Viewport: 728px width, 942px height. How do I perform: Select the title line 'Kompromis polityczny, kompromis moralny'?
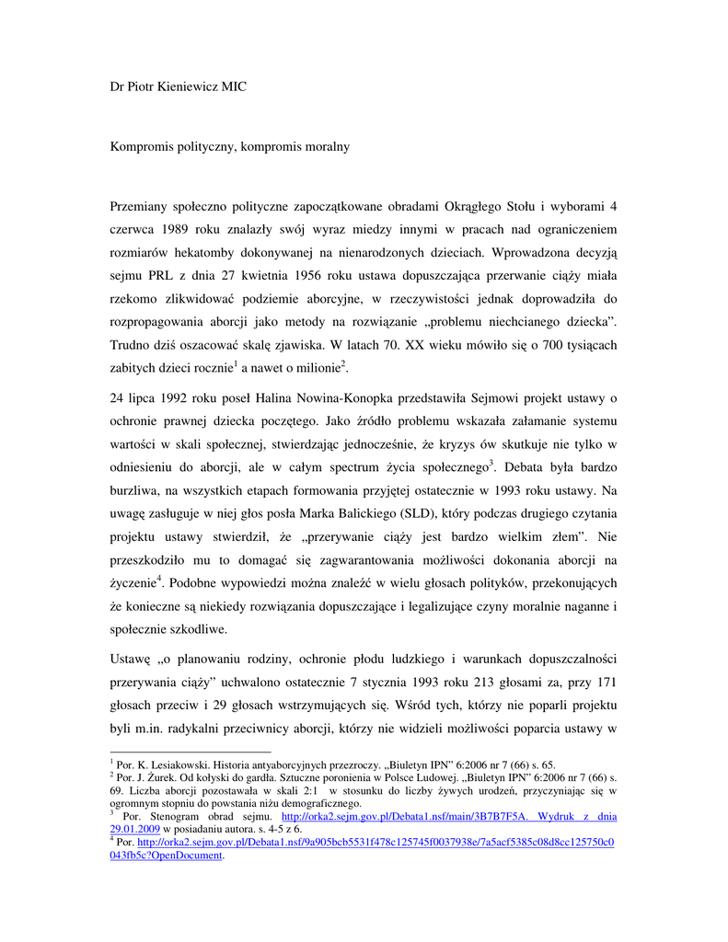pos(229,145)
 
